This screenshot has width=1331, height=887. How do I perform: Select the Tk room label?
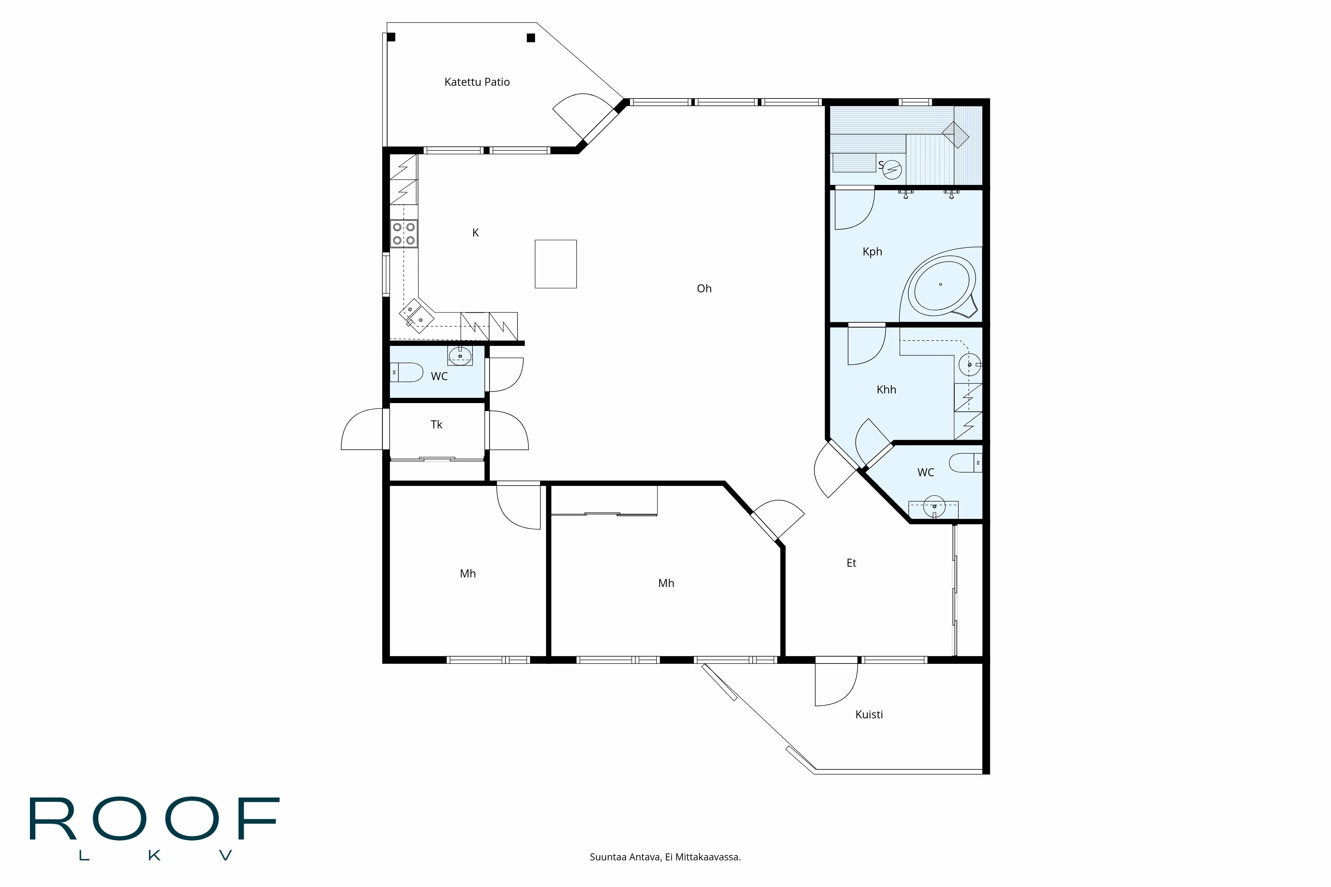tap(436, 424)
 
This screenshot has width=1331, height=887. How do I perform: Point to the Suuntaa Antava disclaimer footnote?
tap(665, 857)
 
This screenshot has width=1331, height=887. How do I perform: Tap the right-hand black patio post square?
tap(530, 38)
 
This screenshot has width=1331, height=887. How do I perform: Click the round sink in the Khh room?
tap(969, 365)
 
